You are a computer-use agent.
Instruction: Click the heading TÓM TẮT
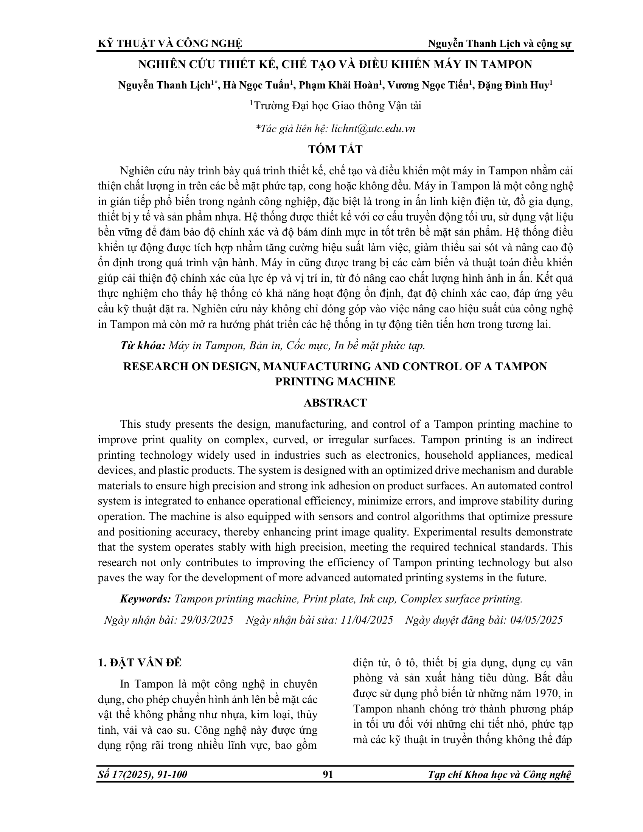tap(335, 149)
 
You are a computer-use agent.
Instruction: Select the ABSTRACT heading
tap(335, 403)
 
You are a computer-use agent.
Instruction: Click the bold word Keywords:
tap(145, 599)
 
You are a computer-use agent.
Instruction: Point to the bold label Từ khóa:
tap(143, 346)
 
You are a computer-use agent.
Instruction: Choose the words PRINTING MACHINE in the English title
tap(335, 381)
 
